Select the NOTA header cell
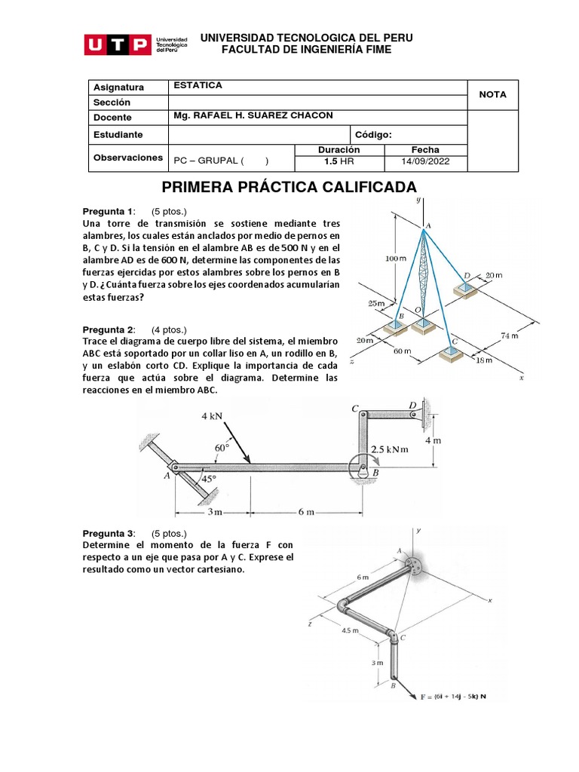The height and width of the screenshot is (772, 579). pos(492,94)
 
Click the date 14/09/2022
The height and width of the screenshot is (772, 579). pos(425,162)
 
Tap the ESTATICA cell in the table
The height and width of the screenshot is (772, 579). pos(198,86)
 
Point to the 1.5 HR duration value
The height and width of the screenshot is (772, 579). pos(339,162)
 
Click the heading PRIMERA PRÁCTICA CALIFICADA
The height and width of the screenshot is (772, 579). pos(289,187)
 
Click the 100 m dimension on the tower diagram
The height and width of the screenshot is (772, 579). pos(396,259)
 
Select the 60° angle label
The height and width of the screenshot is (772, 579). pos(222,448)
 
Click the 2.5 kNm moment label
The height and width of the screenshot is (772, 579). pos(389,450)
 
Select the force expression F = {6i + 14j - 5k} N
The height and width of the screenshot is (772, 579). pos(452,697)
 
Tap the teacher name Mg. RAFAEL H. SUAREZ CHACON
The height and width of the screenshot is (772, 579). pos(253,115)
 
